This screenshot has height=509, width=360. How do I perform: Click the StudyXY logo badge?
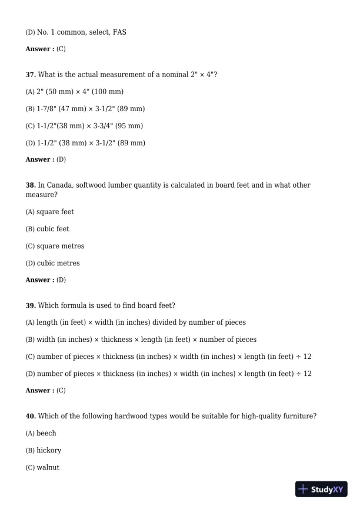click(322, 489)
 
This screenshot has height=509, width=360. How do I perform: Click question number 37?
click(31, 75)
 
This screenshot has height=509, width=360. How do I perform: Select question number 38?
click(31, 185)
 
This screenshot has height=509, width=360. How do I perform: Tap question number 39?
click(31, 305)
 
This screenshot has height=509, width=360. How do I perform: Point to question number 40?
click(31, 416)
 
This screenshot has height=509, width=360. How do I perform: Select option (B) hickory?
click(43, 450)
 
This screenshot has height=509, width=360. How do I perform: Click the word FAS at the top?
click(119, 32)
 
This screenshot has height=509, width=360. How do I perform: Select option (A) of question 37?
click(74, 92)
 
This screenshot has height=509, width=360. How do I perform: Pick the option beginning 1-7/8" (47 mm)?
click(85, 109)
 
